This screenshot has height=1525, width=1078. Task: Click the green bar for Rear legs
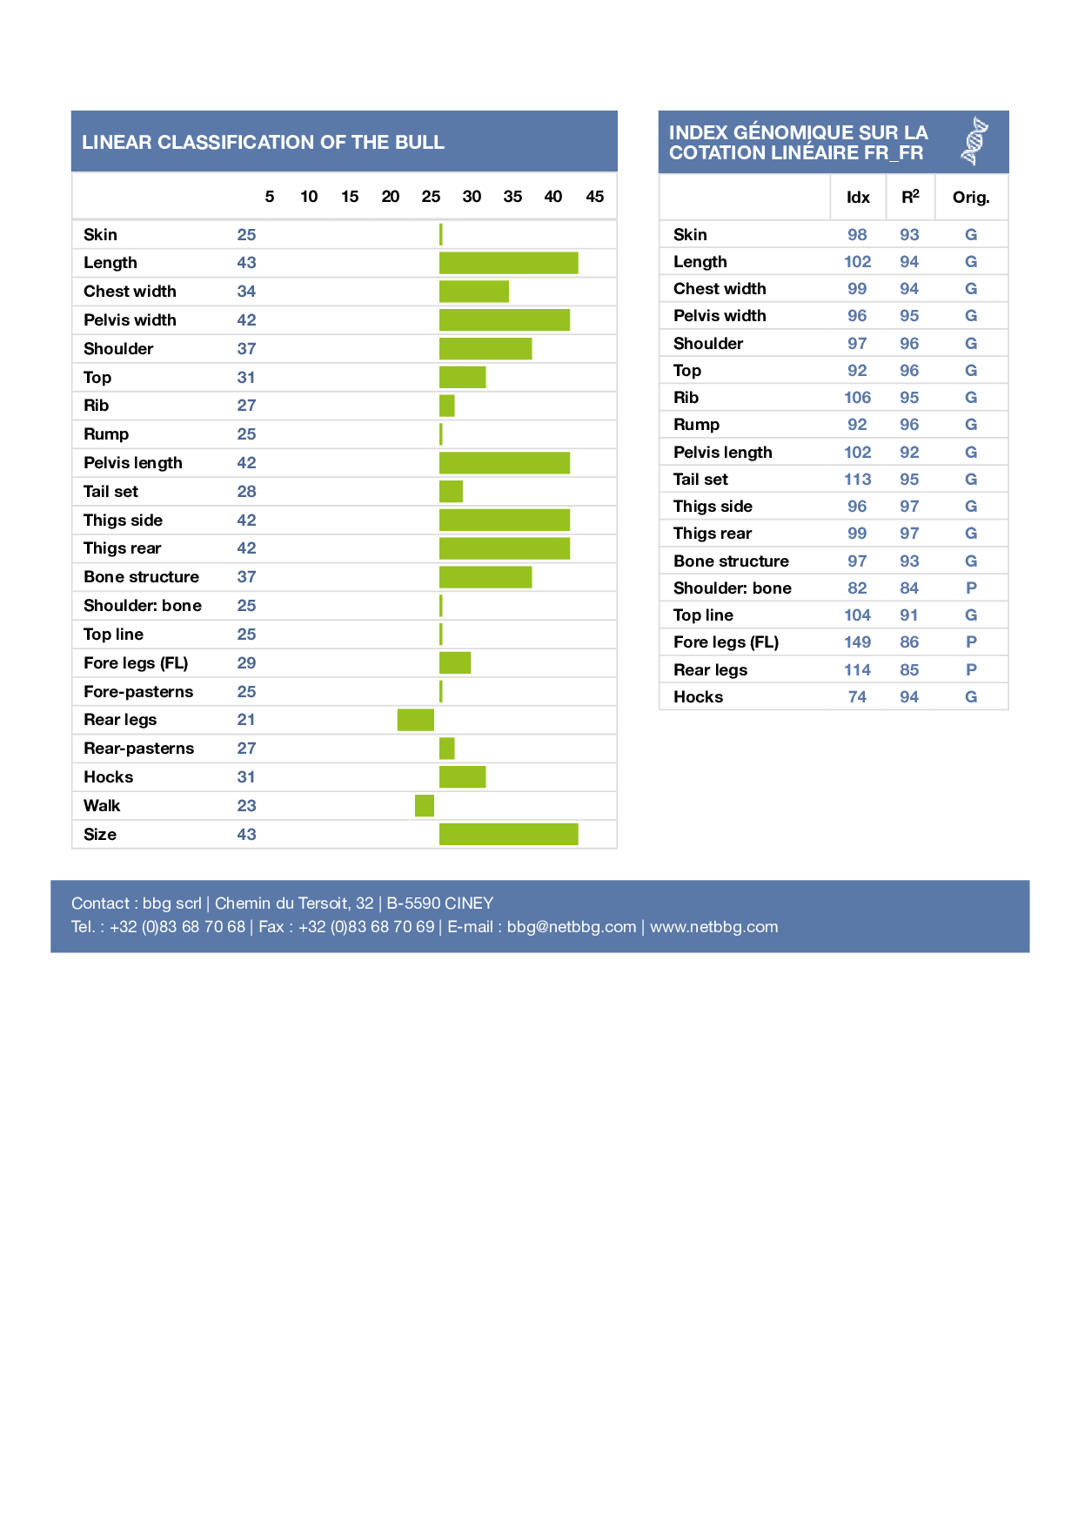click(415, 720)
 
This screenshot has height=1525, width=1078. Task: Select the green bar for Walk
click(425, 806)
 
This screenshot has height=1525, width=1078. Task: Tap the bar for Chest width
click(473, 292)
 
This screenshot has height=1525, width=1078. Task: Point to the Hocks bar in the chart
click(462, 777)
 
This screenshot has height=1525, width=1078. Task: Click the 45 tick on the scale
click(595, 197)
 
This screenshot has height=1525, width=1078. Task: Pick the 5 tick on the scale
click(270, 197)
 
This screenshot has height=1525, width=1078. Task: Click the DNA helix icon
click(975, 141)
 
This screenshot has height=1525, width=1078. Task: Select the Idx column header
click(858, 198)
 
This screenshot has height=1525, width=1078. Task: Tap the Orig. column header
click(971, 198)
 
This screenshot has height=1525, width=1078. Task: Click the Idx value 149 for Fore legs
click(857, 642)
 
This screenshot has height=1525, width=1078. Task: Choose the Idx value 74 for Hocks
click(857, 697)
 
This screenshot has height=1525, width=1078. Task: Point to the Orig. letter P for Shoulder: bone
click(971, 588)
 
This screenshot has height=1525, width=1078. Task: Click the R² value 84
click(909, 588)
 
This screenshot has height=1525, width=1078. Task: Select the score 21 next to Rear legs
click(246, 720)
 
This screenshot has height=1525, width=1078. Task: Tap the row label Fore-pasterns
click(138, 692)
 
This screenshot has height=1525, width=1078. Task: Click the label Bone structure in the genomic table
click(731, 561)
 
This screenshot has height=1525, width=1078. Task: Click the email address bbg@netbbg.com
click(571, 927)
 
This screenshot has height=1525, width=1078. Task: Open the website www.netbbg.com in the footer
click(713, 927)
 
